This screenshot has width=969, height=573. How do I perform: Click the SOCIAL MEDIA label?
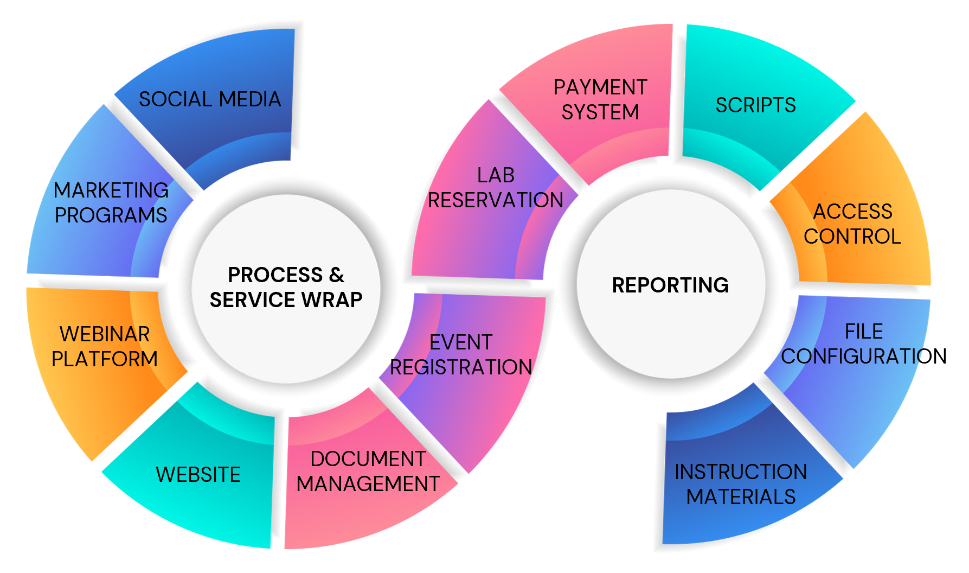coord(210,99)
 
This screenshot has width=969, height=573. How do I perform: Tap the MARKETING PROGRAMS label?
coord(111,202)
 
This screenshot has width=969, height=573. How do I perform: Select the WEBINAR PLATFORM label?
coord(105,346)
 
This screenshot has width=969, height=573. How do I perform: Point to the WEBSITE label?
coord(198,475)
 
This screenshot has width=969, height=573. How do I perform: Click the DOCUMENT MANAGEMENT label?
coord(368,471)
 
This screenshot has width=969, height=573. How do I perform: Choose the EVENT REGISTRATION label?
coord(461,355)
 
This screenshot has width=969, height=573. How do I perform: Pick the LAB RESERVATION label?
coord(496,188)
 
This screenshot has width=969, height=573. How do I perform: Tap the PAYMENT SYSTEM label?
coord(600,99)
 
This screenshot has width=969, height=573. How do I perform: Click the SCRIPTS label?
coord(755,105)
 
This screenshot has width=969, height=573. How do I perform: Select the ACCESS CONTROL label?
coord(852,224)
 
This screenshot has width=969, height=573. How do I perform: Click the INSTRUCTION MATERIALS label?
coord(741,484)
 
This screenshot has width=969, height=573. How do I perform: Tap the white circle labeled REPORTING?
coord(671,326)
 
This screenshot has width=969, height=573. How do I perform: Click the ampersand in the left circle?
coord(337,275)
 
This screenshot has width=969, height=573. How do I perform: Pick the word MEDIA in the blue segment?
coord(250,99)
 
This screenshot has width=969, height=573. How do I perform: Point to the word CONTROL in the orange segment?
coord(852,237)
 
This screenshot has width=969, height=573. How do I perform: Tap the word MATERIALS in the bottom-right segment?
coord(741,497)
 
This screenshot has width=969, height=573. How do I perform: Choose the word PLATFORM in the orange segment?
coord(105,359)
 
